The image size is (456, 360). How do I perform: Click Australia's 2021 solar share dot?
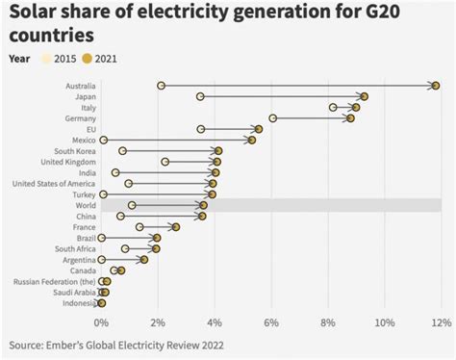(x=436, y=86)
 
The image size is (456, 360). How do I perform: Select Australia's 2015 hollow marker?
(x=161, y=86)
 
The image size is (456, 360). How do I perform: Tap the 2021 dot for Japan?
(x=365, y=96)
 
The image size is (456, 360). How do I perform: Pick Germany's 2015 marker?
(x=273, y=118)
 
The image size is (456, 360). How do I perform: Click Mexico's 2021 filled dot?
(x=252, y=140)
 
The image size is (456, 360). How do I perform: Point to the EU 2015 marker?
(x=200, y=129)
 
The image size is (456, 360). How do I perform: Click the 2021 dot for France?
(x=176, y=227)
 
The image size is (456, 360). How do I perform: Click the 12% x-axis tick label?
(x=441, y=321)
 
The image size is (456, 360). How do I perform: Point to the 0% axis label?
(x=101, y=321)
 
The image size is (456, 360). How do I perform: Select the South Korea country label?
(x=74, y=151)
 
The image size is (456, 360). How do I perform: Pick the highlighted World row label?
(x=84, y=205)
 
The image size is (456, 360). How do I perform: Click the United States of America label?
(x=54, y=183)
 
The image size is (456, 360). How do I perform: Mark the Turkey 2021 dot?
(x=212, y=194)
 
